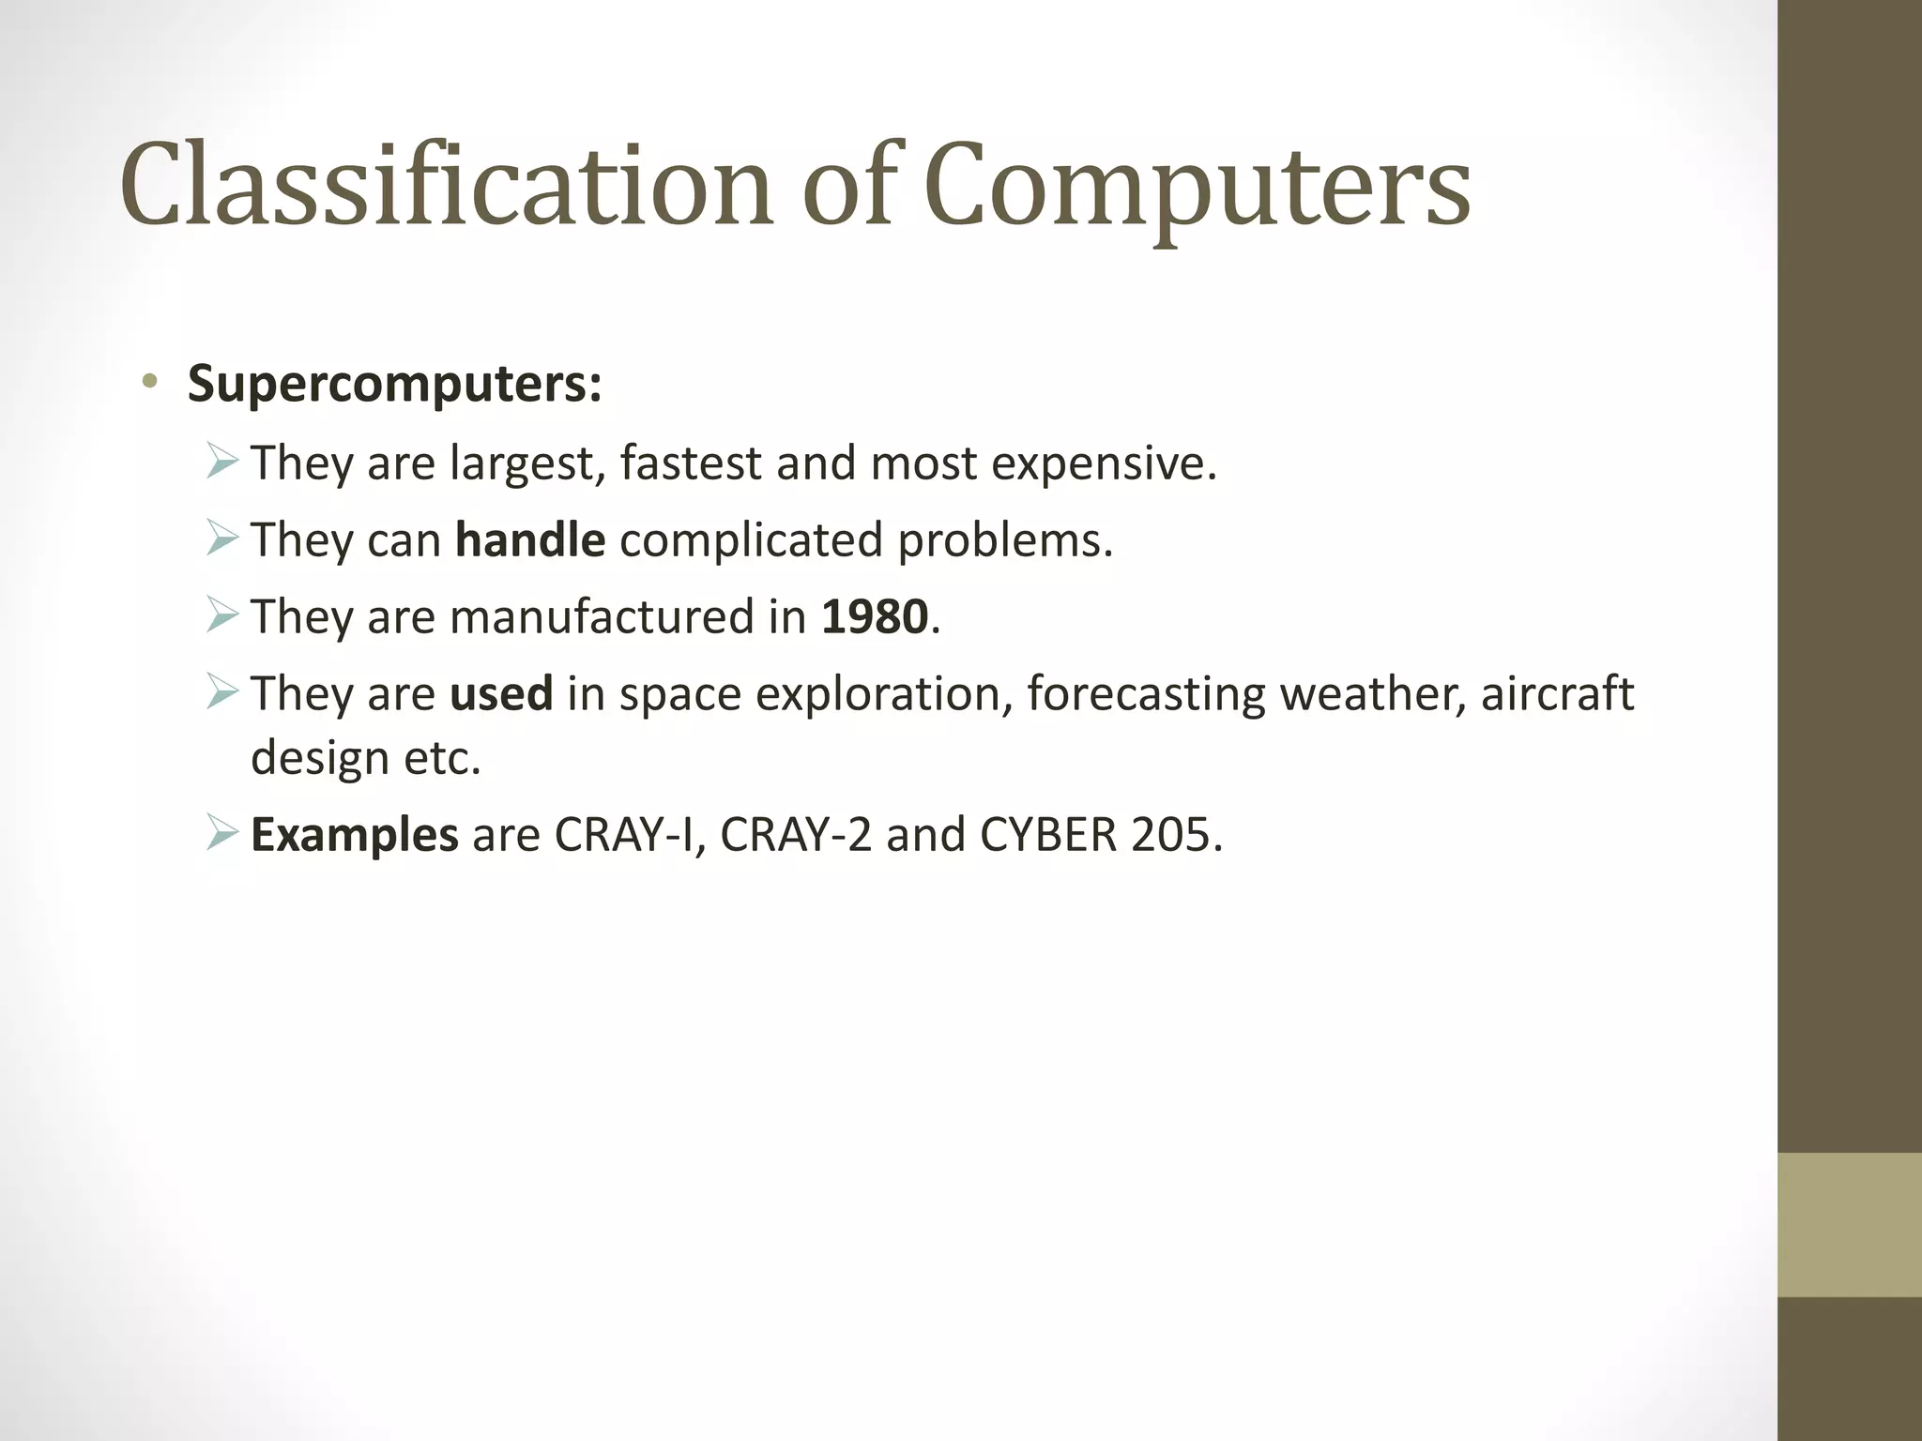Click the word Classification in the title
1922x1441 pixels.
point(446,186)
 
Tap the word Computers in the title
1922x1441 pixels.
point(1197,186)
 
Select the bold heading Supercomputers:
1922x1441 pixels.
point(394,384)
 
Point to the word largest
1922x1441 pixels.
point(526,463)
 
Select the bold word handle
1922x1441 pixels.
point(530,540)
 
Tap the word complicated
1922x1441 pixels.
point(751,540)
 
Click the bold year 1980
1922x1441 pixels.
point(875,617)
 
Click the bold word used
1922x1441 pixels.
point(501,694)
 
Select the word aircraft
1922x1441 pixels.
point(1557,694)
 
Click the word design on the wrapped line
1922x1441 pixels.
point(319,758)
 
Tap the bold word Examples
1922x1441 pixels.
point(355,835)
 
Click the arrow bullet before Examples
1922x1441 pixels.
point(222,833)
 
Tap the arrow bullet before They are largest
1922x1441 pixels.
point(222,462)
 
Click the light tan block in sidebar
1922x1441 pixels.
point(1849,1224)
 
